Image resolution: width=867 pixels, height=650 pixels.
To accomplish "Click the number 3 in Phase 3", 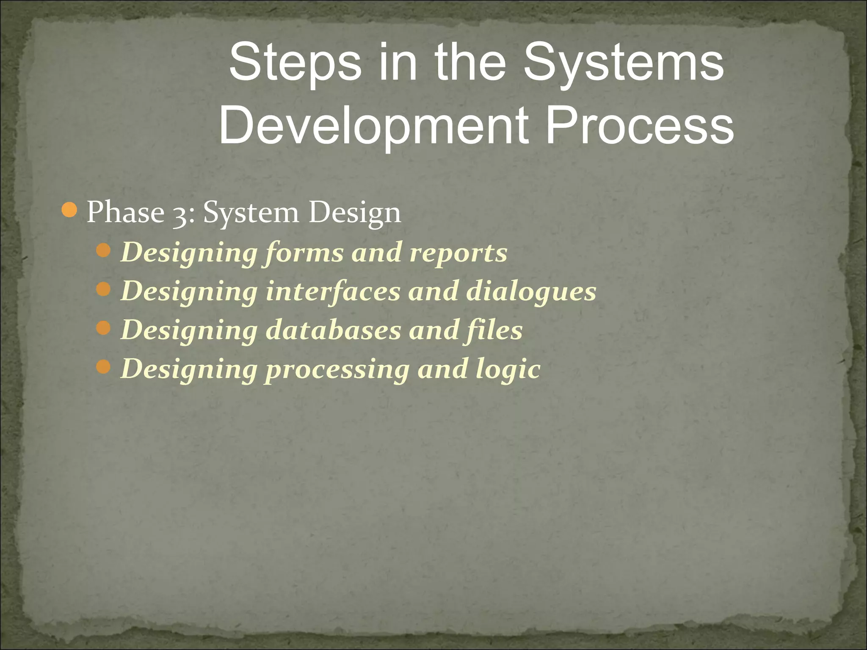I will click(x=181, y=213).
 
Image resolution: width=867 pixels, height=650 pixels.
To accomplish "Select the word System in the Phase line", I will click(x=251, y=213).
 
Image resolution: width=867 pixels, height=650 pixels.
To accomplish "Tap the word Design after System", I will click(x=354, y=213).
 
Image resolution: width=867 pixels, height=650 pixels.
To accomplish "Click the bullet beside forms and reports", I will click(x=103, y=252).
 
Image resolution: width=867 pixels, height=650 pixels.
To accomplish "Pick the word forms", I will click(x=305, y=253).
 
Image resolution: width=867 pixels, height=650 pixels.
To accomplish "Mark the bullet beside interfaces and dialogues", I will click(x=103, y=290).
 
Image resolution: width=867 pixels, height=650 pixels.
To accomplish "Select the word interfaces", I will click(x=333, y=291).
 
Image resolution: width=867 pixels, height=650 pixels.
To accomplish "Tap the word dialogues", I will click(x=531, y=292).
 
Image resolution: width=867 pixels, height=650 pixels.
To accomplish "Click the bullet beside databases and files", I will click(x=103, y=328).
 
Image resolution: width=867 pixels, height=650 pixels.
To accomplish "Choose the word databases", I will click(x=333, y=330).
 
